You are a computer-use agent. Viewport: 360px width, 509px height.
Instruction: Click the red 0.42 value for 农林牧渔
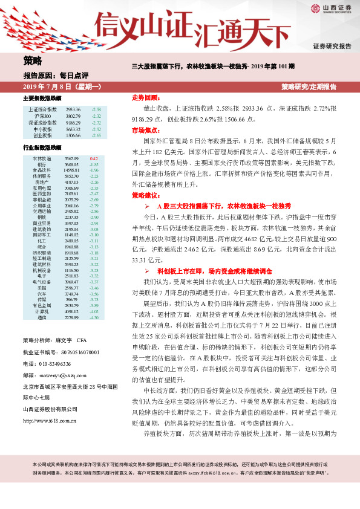(x=94, y=158)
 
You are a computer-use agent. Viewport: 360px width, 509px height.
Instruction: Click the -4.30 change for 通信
(x=94, y=316)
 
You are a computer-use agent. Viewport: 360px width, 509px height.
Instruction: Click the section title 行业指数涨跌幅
(x=42, y=148)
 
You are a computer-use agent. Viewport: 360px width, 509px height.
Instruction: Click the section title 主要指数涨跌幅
(x=42, y=99)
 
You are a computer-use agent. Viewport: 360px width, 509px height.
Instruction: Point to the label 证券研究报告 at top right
(x=332, y=46)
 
